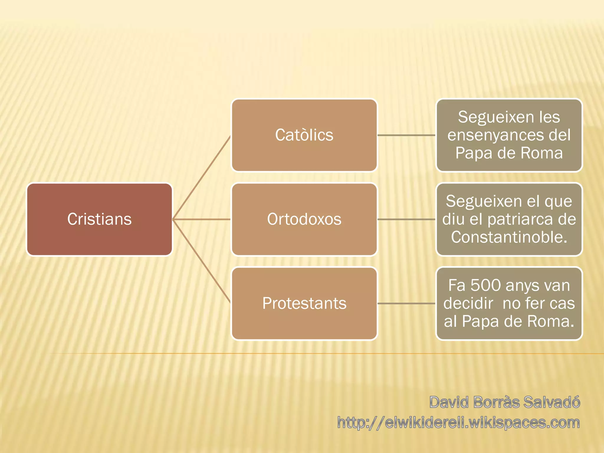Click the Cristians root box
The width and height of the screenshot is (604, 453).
click(x=99, y=219)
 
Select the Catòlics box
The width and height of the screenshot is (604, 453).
click(x=304, y=135)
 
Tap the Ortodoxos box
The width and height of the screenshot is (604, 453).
click(x=304, y=219)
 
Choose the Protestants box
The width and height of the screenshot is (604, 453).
click(x=304, y=303)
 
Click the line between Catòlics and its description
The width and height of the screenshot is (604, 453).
click(x=406, y=135)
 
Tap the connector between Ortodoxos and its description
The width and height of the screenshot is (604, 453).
click(x=406, y=219)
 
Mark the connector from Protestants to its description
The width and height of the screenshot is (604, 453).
click(x=406, y=303)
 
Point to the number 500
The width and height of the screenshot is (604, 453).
click(x=485, y=285)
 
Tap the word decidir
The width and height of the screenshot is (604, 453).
click(x=468, y=303)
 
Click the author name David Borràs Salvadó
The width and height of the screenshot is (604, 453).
click(x=505, y=402)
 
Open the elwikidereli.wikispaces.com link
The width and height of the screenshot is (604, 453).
click(x=459, y=423)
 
